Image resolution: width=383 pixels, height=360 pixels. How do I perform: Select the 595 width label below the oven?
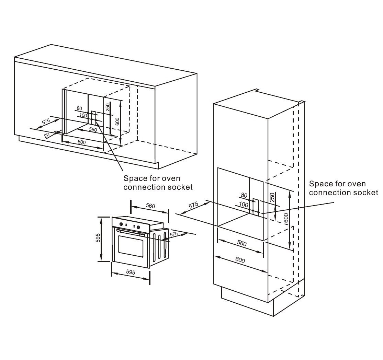131,272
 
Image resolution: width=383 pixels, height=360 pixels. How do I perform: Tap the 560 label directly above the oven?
150,206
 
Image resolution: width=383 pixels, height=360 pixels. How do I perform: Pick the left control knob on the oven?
121,224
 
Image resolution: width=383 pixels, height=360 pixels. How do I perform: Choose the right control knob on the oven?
138,227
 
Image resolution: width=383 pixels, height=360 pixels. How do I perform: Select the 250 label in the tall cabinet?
272,197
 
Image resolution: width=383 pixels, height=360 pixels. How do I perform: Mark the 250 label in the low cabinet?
108,107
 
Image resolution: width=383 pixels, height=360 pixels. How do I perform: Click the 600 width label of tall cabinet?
240,260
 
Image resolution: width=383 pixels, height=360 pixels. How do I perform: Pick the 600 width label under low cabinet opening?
81,142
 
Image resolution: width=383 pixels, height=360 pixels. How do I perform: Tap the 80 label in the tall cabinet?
244,195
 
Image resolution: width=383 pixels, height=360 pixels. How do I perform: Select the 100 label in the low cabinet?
83,115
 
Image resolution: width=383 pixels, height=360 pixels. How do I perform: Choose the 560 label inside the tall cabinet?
242,243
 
